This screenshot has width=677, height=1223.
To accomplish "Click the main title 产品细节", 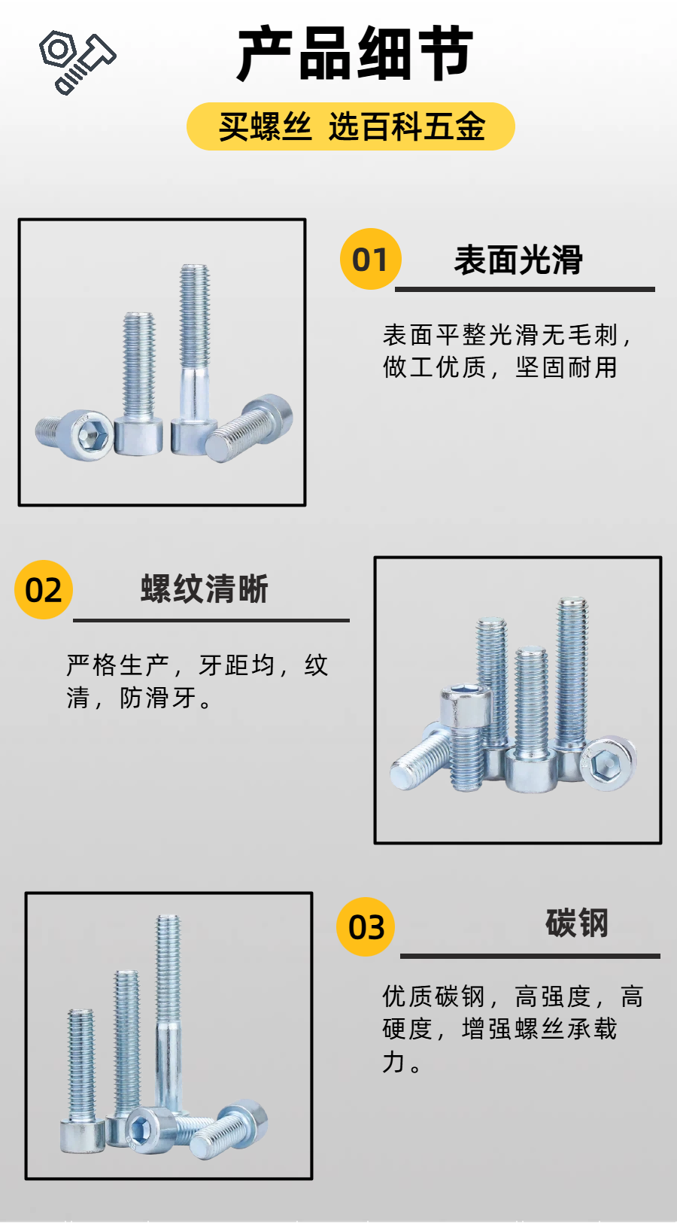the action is pos(355,53).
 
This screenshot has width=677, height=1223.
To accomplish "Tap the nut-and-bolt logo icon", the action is pos(77,62).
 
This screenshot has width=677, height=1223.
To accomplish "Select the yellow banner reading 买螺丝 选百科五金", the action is pos(351,126).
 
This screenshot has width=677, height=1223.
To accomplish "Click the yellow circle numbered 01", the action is pos(370,259).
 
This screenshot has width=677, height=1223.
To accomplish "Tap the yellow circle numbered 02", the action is pos(44,589).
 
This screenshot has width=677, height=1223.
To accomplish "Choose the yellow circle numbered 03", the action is pos(366,927).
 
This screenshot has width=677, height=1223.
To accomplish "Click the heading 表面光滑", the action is pos(518,260).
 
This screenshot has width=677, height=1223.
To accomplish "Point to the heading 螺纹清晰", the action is pos(205,589).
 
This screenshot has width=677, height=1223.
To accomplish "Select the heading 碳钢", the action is pos(577,923).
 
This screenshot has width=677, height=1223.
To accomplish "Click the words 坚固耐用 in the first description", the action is pos(566,367).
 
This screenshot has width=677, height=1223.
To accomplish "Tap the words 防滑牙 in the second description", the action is pos(158,698).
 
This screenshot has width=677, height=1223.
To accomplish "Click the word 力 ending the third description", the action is pos(393,1062).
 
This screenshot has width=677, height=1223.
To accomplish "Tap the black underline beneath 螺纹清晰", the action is pos(211,620).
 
